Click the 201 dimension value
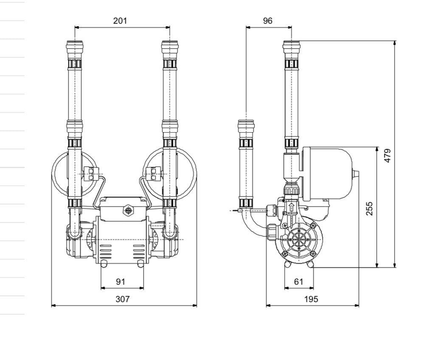pos(120,20)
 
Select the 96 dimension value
pos(268,20)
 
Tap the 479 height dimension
pos(387,156)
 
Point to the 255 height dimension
pos(369,208)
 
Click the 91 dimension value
pos(121,281)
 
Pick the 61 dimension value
pos(299,281)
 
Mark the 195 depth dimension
pos(311,299)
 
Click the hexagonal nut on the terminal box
pos(127,210)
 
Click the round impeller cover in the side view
pos(299,241)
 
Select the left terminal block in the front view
pos(91,173)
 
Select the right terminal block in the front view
pos(153,173)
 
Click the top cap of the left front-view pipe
pos(75,45)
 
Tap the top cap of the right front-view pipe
pos(170,45)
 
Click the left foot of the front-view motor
pos(104,264)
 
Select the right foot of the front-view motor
pos(141,264)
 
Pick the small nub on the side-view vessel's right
pos(356,174)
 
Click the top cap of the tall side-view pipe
pos(292,45)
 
